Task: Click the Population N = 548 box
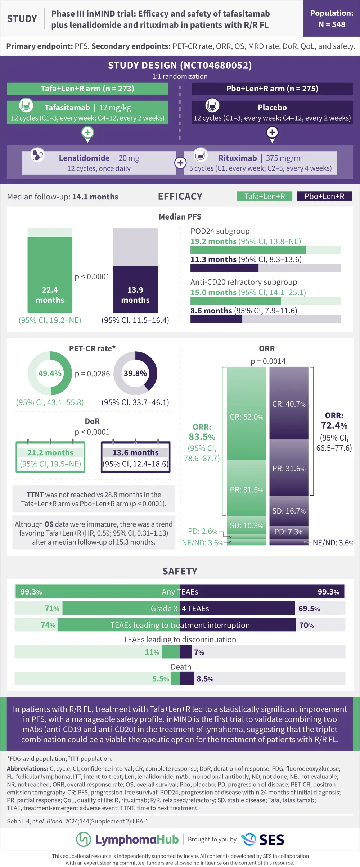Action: [332, 19]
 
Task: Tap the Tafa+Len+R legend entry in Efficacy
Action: [265, 196]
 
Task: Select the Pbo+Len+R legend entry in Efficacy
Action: [324, 196]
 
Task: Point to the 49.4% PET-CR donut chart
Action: [50, 374]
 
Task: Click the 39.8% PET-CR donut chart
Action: [135, 374]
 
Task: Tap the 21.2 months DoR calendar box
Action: [50, 457]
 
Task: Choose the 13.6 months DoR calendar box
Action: [135, 457]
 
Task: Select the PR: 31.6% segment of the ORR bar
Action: [289, 468]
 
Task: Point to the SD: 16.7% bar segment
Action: [289, 511]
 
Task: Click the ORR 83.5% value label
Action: [202, 437]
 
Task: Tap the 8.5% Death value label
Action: [205, 679]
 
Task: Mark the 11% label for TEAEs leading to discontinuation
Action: [152, 652]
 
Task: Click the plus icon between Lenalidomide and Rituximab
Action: [180, 163]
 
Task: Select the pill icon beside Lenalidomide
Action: [37, 155]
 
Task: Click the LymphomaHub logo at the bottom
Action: [127, 839]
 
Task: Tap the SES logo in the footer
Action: [263, 839]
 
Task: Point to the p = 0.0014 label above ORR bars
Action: [268, 361]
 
